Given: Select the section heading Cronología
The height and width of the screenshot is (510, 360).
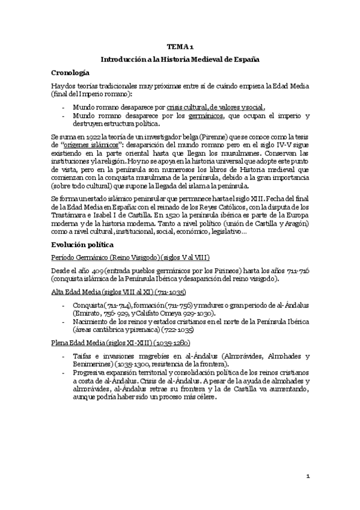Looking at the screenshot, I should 73,72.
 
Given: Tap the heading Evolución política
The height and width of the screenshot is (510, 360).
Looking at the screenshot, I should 86,245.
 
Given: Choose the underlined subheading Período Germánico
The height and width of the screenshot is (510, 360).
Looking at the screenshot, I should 80,257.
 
